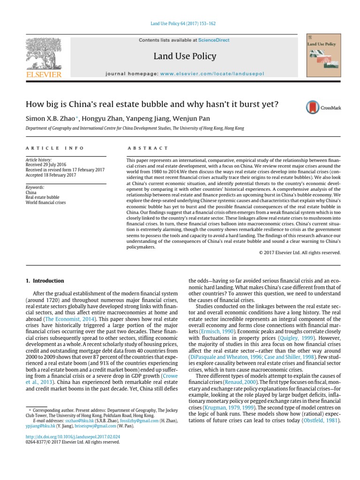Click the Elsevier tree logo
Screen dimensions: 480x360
tap(44, 54)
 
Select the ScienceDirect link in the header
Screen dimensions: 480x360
tap(213, 40)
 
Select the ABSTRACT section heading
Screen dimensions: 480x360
tap(148, 148)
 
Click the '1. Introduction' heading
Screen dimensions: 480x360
tap(45, 281)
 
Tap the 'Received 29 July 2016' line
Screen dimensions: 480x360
tap(47, 165)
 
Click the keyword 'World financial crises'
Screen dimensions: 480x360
tap(46, 202)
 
